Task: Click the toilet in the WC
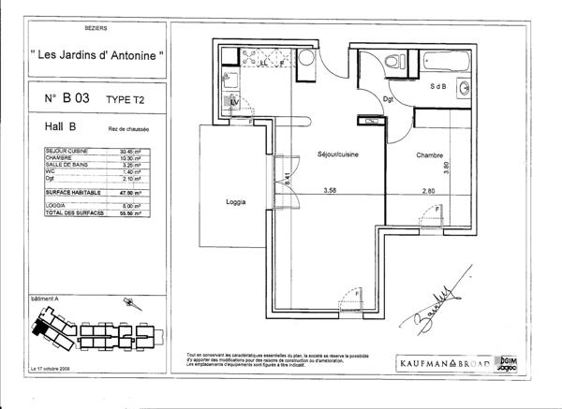[x=396, y=62]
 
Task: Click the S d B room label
[x=437, y=86]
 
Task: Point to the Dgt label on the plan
[x=389, y=99]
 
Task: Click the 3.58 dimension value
[x=329, y=191]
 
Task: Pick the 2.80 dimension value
[x=428, y=191]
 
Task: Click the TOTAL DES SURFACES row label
[x=73, y=213]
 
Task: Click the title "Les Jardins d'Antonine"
[x=97, y=56]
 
